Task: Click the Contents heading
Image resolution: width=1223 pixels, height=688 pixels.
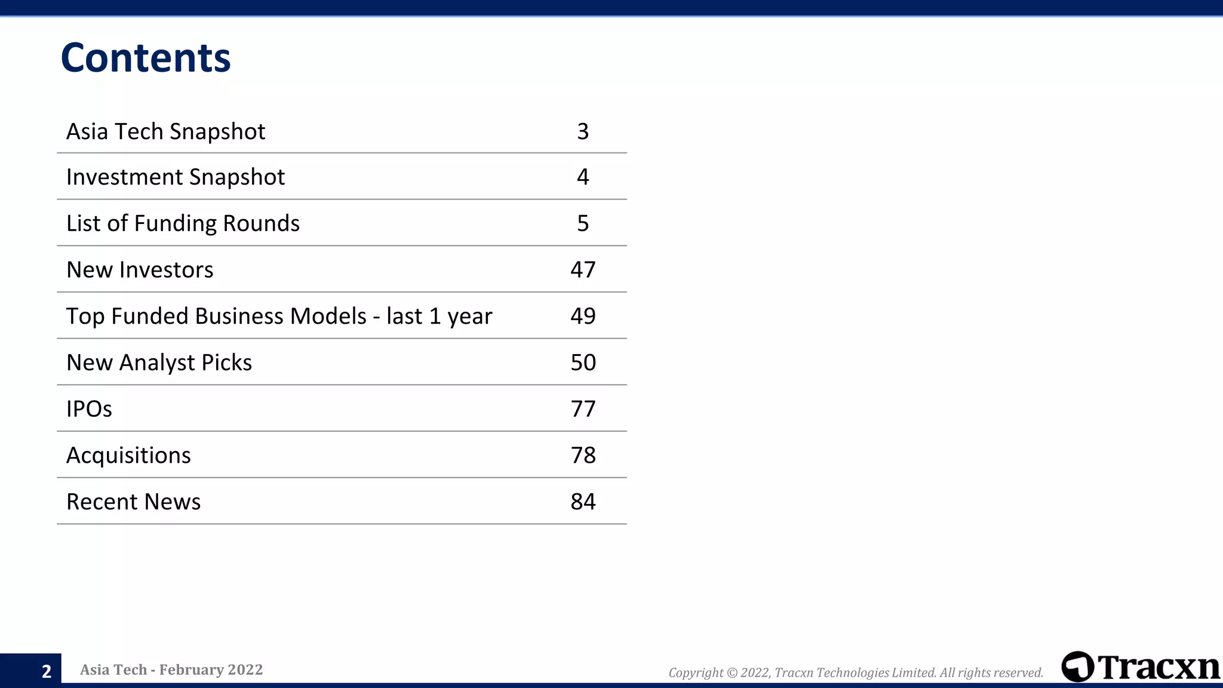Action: click(x=146, y=58)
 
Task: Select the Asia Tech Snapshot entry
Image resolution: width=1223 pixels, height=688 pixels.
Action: click(x=165, y=131)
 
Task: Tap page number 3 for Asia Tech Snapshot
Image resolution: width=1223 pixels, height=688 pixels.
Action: click(x=583, y=131)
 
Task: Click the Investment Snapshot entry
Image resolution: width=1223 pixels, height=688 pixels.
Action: click(x=176, y=177)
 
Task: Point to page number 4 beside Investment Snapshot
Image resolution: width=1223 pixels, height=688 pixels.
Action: click(x=583, y=177)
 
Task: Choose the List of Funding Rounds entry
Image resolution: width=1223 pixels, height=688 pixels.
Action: click(x=183, y=223)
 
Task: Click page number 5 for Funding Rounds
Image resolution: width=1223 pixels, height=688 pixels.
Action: click(x=583, y=223)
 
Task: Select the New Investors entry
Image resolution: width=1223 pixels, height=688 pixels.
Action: click(x=140, y=270)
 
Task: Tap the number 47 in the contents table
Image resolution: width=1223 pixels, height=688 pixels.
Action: click(x=583, y=270)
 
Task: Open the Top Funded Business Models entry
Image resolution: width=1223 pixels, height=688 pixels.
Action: click(x=279, y=316)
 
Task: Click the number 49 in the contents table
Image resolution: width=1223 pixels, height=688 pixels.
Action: click(x=583, y=316)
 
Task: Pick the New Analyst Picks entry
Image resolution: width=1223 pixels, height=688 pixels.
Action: click(x=159, y=363)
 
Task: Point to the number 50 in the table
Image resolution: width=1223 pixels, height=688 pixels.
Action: click(x=583, y=363)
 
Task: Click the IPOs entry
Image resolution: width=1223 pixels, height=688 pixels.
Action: click(x=89, y=409)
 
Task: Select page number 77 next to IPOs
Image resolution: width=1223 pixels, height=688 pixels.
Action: click(x=583, y=409)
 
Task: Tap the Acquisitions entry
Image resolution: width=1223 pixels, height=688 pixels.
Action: click(x=128, y=455)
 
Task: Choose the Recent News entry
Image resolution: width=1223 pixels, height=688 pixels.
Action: click(x=133, y=502)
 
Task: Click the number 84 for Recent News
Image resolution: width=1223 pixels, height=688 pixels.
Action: click(x=583, y=502)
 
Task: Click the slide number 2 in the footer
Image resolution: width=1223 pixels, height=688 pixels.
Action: click(x=47, y=671)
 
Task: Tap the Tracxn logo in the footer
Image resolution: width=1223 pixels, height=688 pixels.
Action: click(x=1140, y=667)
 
